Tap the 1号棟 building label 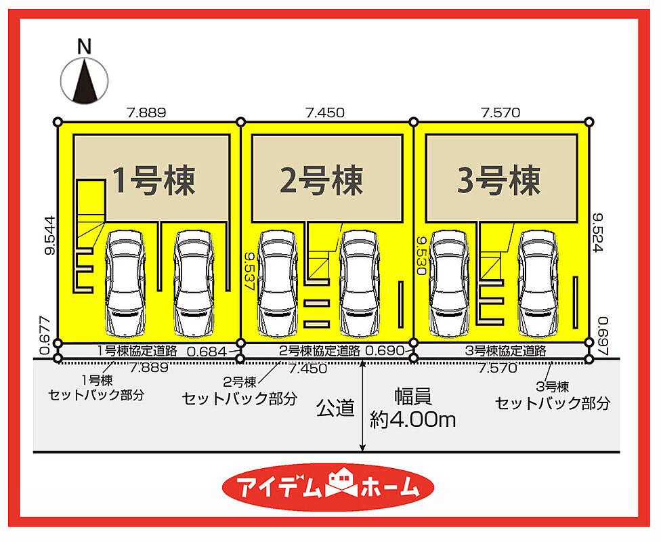pos(153,180)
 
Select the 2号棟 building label pos(322,180)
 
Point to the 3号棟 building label pos(499,180)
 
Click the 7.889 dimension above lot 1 pos(146,112)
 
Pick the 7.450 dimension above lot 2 pos(324,112)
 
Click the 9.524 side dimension pos(598,233)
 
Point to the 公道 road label pos(335,408)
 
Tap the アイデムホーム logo pos(329,486)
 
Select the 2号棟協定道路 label pos(320,351)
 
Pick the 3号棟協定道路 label pos(505,351)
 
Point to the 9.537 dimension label pos(250,271)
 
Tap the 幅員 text pos(414,397)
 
